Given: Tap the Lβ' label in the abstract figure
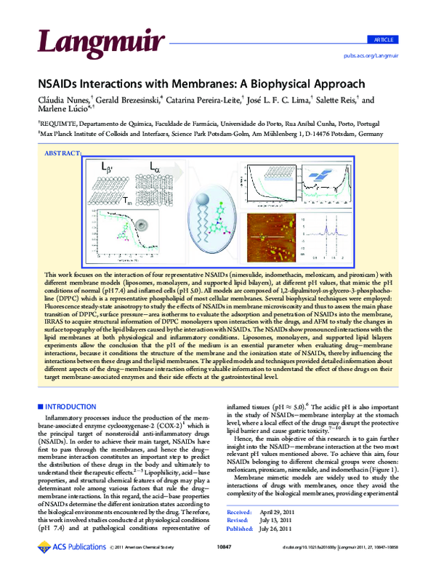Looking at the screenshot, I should tap(107, 168).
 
